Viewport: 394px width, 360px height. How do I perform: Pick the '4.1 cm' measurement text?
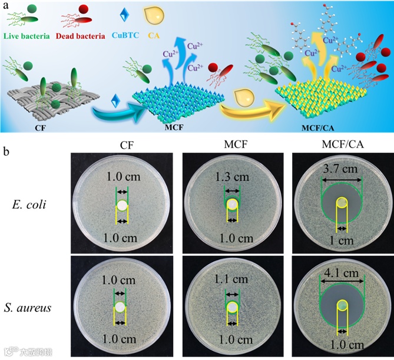click(342, 272)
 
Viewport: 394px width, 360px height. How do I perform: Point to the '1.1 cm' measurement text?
click(231, 280)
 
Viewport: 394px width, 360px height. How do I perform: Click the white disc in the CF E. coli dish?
click(121, 205)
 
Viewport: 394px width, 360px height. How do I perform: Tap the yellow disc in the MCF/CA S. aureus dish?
click(342, 306)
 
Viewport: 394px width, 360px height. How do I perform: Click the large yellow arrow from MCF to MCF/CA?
click(247, 106)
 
